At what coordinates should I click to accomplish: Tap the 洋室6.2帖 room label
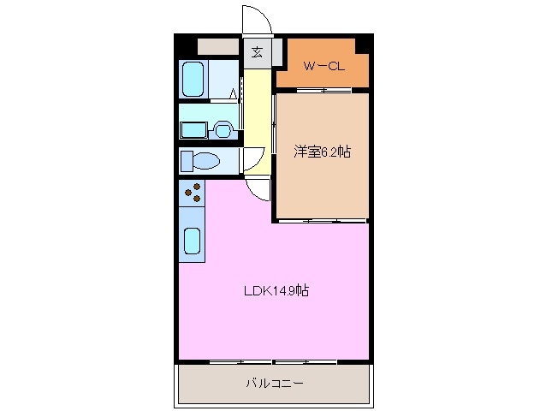[322, 152]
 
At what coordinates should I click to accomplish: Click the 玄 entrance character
[257, 52]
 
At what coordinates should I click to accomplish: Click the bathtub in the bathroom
[194, 80]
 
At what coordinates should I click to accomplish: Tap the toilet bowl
[202, 160]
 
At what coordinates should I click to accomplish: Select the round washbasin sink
[223, 130]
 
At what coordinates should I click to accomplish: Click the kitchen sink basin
[193, 242]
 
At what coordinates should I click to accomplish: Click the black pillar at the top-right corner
[364, 42]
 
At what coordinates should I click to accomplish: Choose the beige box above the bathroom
[218, 47]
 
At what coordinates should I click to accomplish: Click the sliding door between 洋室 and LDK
[321, 221]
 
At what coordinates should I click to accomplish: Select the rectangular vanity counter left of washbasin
[193, 130]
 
